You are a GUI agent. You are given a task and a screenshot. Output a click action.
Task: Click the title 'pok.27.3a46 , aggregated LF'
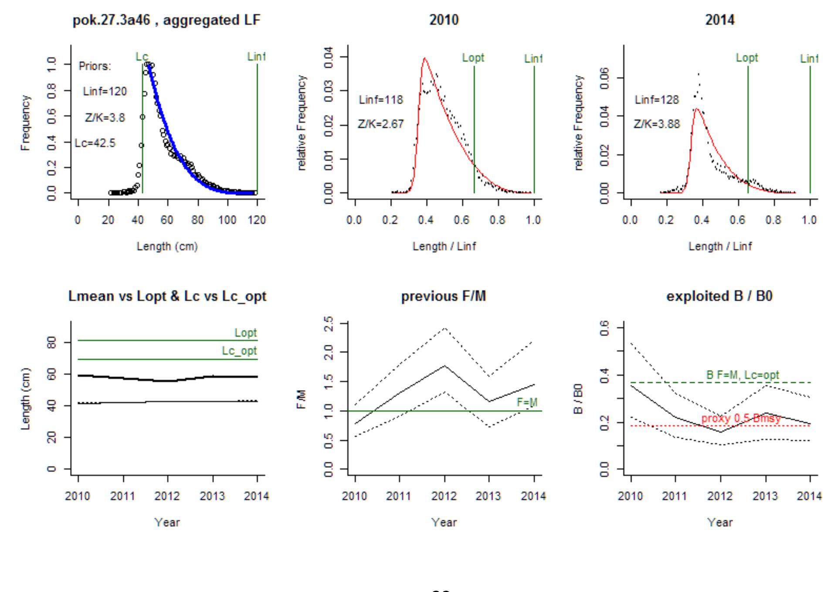click(x=167, y=20)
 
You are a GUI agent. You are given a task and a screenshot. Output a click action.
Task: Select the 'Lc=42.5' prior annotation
click(x=95, y=143)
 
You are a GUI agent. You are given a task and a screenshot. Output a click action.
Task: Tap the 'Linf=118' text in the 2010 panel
click(x=381, y=100)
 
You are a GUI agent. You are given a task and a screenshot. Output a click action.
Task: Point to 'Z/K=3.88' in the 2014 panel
click(x=657, y=124)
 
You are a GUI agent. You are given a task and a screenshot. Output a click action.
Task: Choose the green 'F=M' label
click(x=527, y=402)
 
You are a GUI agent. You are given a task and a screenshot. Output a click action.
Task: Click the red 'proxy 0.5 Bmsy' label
click(x=741, y=418)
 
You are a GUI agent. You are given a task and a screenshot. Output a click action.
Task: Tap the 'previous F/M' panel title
click(x=444, y=296)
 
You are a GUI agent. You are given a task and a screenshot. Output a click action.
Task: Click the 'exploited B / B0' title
click(x=719, y=296)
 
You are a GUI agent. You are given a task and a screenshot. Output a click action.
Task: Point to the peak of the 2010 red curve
click(x=424, y=58)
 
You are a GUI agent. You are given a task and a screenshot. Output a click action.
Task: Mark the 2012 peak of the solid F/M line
click(x=444, y=366)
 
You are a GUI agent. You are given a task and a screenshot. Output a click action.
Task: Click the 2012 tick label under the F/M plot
click(x=444, y=496)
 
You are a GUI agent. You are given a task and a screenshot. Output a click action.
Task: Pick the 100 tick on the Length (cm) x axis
click(x=227, y=220)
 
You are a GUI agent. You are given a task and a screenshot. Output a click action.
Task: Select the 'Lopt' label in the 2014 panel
click(x=747, y=58)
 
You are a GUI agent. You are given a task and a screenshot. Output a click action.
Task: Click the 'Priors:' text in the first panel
click(x=95, y=66)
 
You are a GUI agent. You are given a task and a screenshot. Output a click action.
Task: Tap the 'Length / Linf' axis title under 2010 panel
click(x=444, y=246)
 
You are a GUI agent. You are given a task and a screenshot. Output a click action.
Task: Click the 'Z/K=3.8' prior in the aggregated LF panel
click(x=105, y=118)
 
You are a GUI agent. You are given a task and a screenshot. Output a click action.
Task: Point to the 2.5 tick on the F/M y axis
click(x=329, y=323)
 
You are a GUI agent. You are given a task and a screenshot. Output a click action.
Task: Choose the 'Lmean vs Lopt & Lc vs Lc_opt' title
click(x=167, y=296)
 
